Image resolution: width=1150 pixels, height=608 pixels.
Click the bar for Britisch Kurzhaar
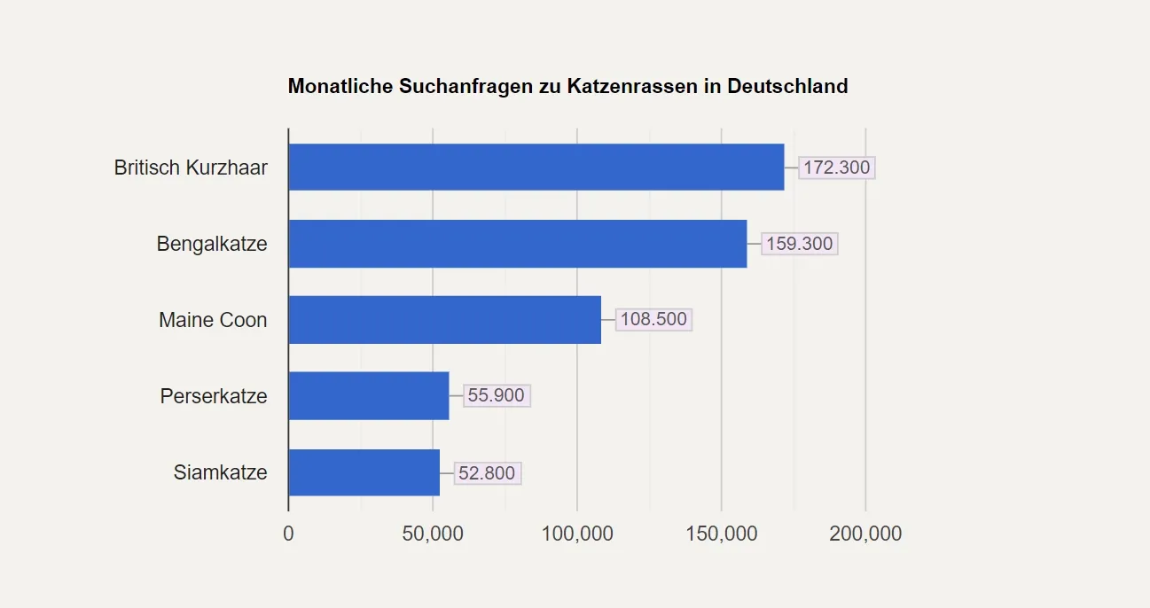click(536, 167)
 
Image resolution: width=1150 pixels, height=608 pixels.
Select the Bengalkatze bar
click(518, 244)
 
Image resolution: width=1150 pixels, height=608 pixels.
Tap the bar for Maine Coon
click(445, 320)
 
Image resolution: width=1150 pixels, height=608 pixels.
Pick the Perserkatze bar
click(369, 396)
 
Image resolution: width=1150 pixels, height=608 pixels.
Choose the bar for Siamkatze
click(364, 472)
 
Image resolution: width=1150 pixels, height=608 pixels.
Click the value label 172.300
click(836, 168)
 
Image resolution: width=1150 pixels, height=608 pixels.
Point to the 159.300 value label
click(799, 244)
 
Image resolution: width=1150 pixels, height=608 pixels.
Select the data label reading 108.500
click(653, 320)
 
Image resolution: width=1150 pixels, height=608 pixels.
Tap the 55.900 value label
click(496, 396)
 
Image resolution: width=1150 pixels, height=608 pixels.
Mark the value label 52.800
click(487, 473)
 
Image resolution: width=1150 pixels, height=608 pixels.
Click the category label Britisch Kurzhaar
click(191, 168)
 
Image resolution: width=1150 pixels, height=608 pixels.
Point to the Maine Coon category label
click(213, 320)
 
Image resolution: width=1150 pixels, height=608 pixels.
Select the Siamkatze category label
click(220, 472)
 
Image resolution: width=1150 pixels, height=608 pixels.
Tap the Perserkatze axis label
click(214, 396)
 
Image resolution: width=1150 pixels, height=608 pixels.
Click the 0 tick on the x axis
click(288, 534)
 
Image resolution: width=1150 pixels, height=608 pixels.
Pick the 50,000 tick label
click(433, 534)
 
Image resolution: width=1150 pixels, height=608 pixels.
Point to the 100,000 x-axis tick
click(577, 534)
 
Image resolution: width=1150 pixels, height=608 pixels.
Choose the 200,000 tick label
click(865, 534)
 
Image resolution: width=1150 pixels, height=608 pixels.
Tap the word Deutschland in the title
click(787, 87)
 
